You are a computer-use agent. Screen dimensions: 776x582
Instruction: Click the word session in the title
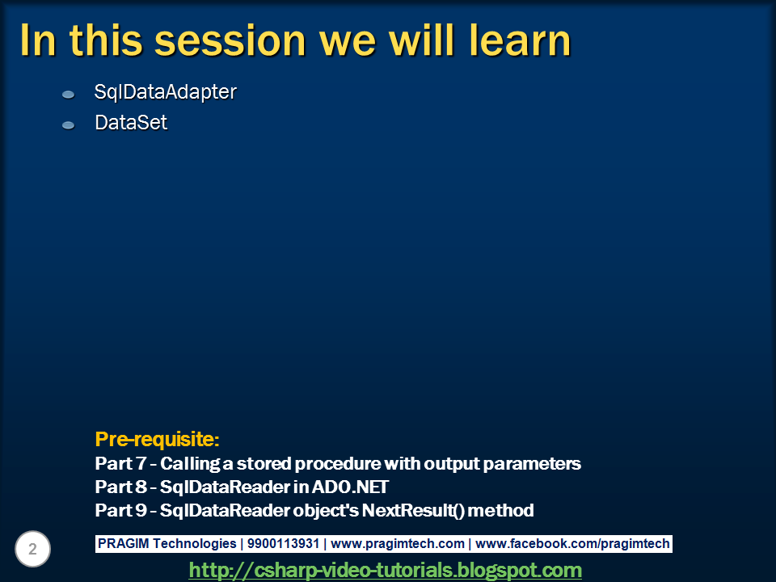230,41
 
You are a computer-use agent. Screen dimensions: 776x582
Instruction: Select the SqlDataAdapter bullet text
165,92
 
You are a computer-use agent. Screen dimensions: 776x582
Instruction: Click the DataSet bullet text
131,123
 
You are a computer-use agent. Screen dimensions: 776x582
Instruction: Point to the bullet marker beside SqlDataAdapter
68,94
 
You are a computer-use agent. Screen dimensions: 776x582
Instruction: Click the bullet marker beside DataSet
68,125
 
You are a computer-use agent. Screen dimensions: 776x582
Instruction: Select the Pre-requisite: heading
157,440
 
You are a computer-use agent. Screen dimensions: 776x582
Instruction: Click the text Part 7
120,464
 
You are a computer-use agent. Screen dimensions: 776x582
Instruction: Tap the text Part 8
120,487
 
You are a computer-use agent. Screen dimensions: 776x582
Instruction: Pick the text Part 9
120,510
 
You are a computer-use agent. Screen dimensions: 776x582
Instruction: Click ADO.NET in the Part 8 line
350,487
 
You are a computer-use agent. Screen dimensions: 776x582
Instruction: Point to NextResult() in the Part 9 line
413,510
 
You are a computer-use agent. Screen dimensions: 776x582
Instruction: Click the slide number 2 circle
32,549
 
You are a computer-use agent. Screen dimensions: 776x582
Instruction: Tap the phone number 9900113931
283,544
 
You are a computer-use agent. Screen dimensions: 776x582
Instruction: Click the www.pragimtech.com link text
398,544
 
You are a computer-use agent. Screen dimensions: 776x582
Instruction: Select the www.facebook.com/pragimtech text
572,544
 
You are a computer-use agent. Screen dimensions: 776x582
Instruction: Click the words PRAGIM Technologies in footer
167,544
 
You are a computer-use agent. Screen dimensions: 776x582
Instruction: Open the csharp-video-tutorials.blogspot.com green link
385,570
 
